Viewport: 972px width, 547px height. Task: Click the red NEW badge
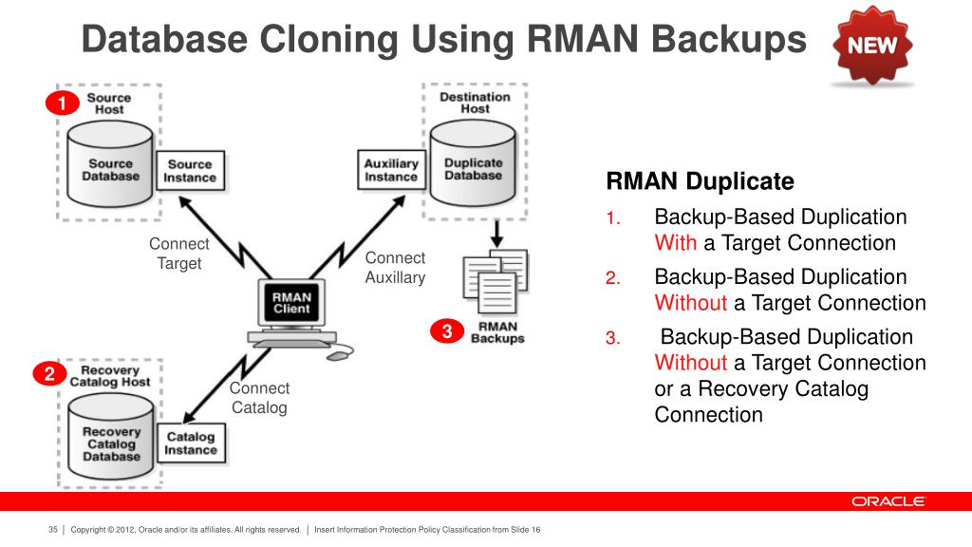coord(872,45)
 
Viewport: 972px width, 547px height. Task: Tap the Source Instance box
coord(190,171)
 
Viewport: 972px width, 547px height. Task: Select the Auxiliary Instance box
coord(391,169)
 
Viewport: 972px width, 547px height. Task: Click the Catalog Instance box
coord(191,443)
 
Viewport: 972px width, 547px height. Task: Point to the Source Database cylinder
coord(110,163)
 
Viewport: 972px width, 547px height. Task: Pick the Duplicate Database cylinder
coord(473,163)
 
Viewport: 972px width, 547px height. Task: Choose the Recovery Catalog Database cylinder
coord(111,437)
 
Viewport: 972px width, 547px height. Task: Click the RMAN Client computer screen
coord(291,303)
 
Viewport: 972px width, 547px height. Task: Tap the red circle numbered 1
coord(62,103)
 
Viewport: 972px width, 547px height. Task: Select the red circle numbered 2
coord(49,373)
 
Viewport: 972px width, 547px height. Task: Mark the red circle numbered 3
coord(447,331)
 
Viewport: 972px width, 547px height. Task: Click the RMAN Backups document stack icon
coord(495,281)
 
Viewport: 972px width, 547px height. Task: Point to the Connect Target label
coord(179,253)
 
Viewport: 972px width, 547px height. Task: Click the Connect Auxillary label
coord(395,267)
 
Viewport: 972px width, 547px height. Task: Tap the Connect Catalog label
coord(259,398)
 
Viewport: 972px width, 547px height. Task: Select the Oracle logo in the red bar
coord(888,501)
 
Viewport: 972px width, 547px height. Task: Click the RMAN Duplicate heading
coord(700,181)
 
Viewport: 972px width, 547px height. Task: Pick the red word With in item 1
coord(675,242)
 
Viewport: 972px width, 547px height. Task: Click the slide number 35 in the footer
coord(53,530)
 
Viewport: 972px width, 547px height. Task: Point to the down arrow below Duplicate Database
coord(496,234)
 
